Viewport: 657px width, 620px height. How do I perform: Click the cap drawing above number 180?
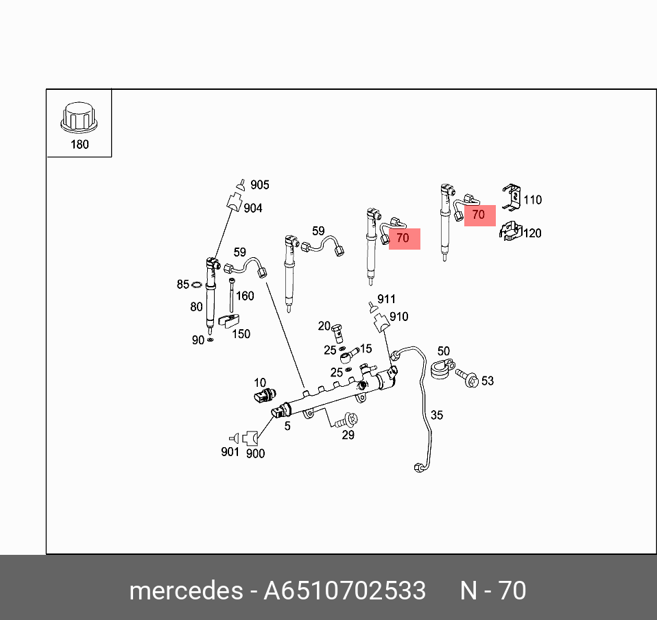click(x=79, y=119)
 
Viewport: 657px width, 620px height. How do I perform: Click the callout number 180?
click(x=80, y=145)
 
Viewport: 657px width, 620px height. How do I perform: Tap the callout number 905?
click(x=259, y=184)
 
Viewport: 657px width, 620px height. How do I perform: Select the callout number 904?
click(x=252, y=208)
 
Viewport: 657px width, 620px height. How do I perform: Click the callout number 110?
click(x=532, y=200)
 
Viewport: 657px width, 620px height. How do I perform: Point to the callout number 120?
click(x=531, y=233)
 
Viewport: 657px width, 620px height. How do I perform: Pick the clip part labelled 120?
click(x=509, y=232)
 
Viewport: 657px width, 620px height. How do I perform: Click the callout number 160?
click(x=245, y=296)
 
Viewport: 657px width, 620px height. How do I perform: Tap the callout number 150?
click(x=241, y=334)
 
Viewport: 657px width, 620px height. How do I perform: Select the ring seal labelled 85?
click(x=196, y=285)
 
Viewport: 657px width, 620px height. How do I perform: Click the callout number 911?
click(x=386, y=299)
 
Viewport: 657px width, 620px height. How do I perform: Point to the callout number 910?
click(x=398, y=317)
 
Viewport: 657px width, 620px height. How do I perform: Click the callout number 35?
click(x=437, y=415)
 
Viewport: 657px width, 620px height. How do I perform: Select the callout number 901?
click(x=230, y=451)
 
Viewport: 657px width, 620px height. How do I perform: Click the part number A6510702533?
click(x=345, y=591)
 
